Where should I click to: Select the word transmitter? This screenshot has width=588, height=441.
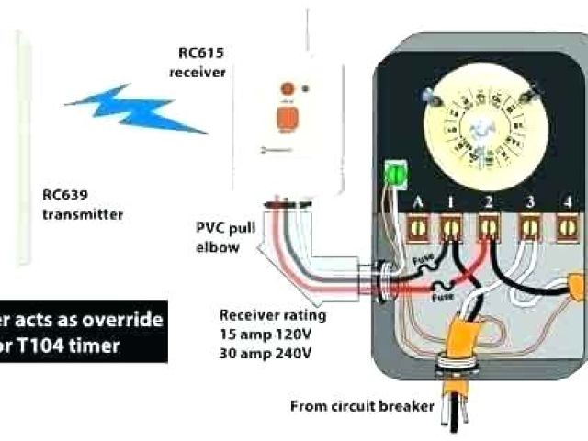[x=82, y=214]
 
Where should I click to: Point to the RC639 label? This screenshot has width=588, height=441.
[x=63, y=195]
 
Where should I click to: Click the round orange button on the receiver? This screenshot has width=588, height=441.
[x=286, y=89]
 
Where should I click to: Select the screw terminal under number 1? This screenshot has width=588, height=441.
[x=452, y=224]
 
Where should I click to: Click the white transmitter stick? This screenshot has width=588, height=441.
[x=22, y=147]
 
